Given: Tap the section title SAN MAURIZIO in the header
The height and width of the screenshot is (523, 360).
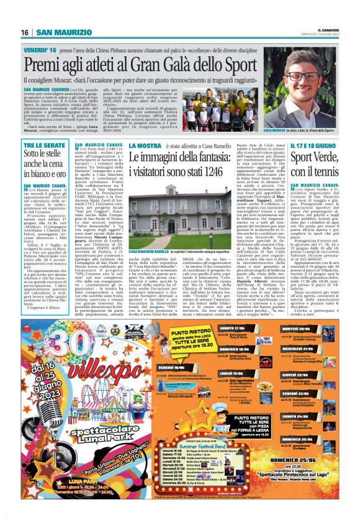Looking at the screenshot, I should click(x=61, y=32).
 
